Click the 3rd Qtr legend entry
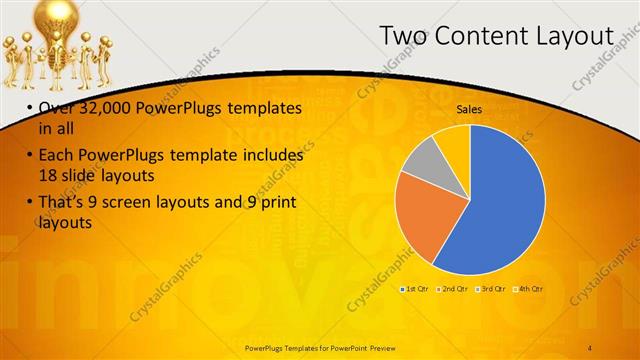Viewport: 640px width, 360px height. coord(491,289)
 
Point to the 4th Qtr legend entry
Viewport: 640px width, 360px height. coord(529,289)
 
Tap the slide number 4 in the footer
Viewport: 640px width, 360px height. coord(591,346)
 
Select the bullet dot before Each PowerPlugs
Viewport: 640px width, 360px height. coord(28,156)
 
